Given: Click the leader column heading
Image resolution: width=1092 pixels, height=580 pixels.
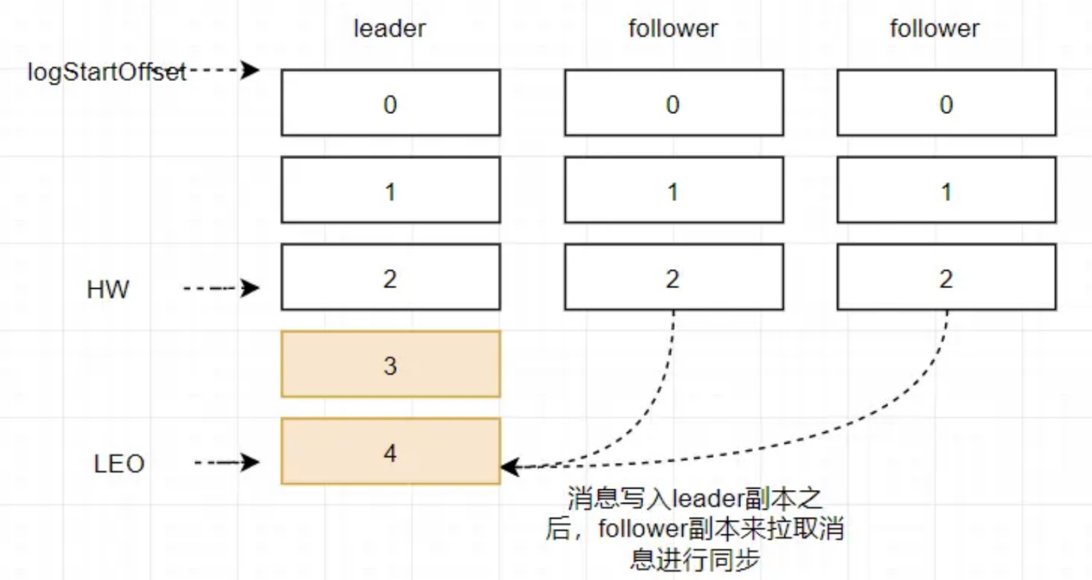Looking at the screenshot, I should click(x=390, y=29).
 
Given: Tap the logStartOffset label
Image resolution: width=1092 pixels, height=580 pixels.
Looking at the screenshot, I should click(x=107, y=72).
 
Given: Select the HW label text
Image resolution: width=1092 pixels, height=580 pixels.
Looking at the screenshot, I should click(x=108, y=290).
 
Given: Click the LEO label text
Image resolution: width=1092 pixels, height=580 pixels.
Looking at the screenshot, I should click(x=119, y=464).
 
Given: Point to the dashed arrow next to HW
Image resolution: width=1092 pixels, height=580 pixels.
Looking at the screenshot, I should click(x=221, y=288).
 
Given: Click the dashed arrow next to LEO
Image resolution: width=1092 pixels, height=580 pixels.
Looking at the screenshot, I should click(x=227, y=462).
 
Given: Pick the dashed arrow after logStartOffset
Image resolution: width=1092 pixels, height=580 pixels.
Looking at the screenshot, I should click(x=223, y=69).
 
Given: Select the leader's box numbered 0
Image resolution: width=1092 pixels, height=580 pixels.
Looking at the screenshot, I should click(x=390, y=103).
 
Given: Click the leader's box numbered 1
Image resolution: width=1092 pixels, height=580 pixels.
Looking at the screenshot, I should click(x=390, y=190).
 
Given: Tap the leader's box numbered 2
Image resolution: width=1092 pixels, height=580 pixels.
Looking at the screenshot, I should click(x=390, y=277).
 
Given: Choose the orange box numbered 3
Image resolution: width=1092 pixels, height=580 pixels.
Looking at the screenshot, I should click(x=390, y=364).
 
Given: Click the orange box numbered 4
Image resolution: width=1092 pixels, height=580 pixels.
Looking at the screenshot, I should click(x=390, y=451).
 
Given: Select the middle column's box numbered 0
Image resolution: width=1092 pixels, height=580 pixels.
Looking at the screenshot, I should click(x=674, y=103).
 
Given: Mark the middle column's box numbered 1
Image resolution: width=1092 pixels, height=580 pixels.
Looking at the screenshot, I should click(x=674, y=190).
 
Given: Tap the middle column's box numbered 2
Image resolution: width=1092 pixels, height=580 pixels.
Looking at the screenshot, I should click(x=674, y=277).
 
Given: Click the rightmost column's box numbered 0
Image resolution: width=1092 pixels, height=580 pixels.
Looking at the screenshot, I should click(x=946, y=103).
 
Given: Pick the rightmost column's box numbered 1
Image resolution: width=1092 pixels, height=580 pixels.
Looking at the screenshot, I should click(x=946, y=190).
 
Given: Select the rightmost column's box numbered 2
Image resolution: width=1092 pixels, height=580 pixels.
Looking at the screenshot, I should click(x=946, y=277).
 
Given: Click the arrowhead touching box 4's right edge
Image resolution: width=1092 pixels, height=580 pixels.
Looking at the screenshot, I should click(x=510, y=466).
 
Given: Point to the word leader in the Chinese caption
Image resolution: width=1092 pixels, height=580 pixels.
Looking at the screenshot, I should click(x=707, y=499).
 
